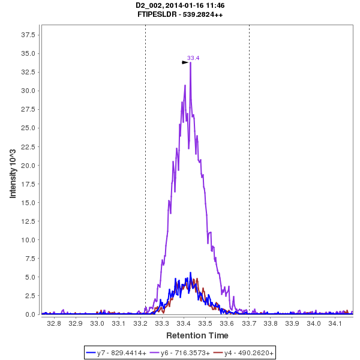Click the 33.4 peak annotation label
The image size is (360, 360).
[193, 58]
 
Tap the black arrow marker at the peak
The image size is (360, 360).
[185, 62]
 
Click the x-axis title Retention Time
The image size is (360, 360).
[197, 335]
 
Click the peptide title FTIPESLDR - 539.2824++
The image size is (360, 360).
[181, 14]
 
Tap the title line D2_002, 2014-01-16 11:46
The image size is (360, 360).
[181, 5]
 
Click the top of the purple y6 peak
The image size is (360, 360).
[190, 62]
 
